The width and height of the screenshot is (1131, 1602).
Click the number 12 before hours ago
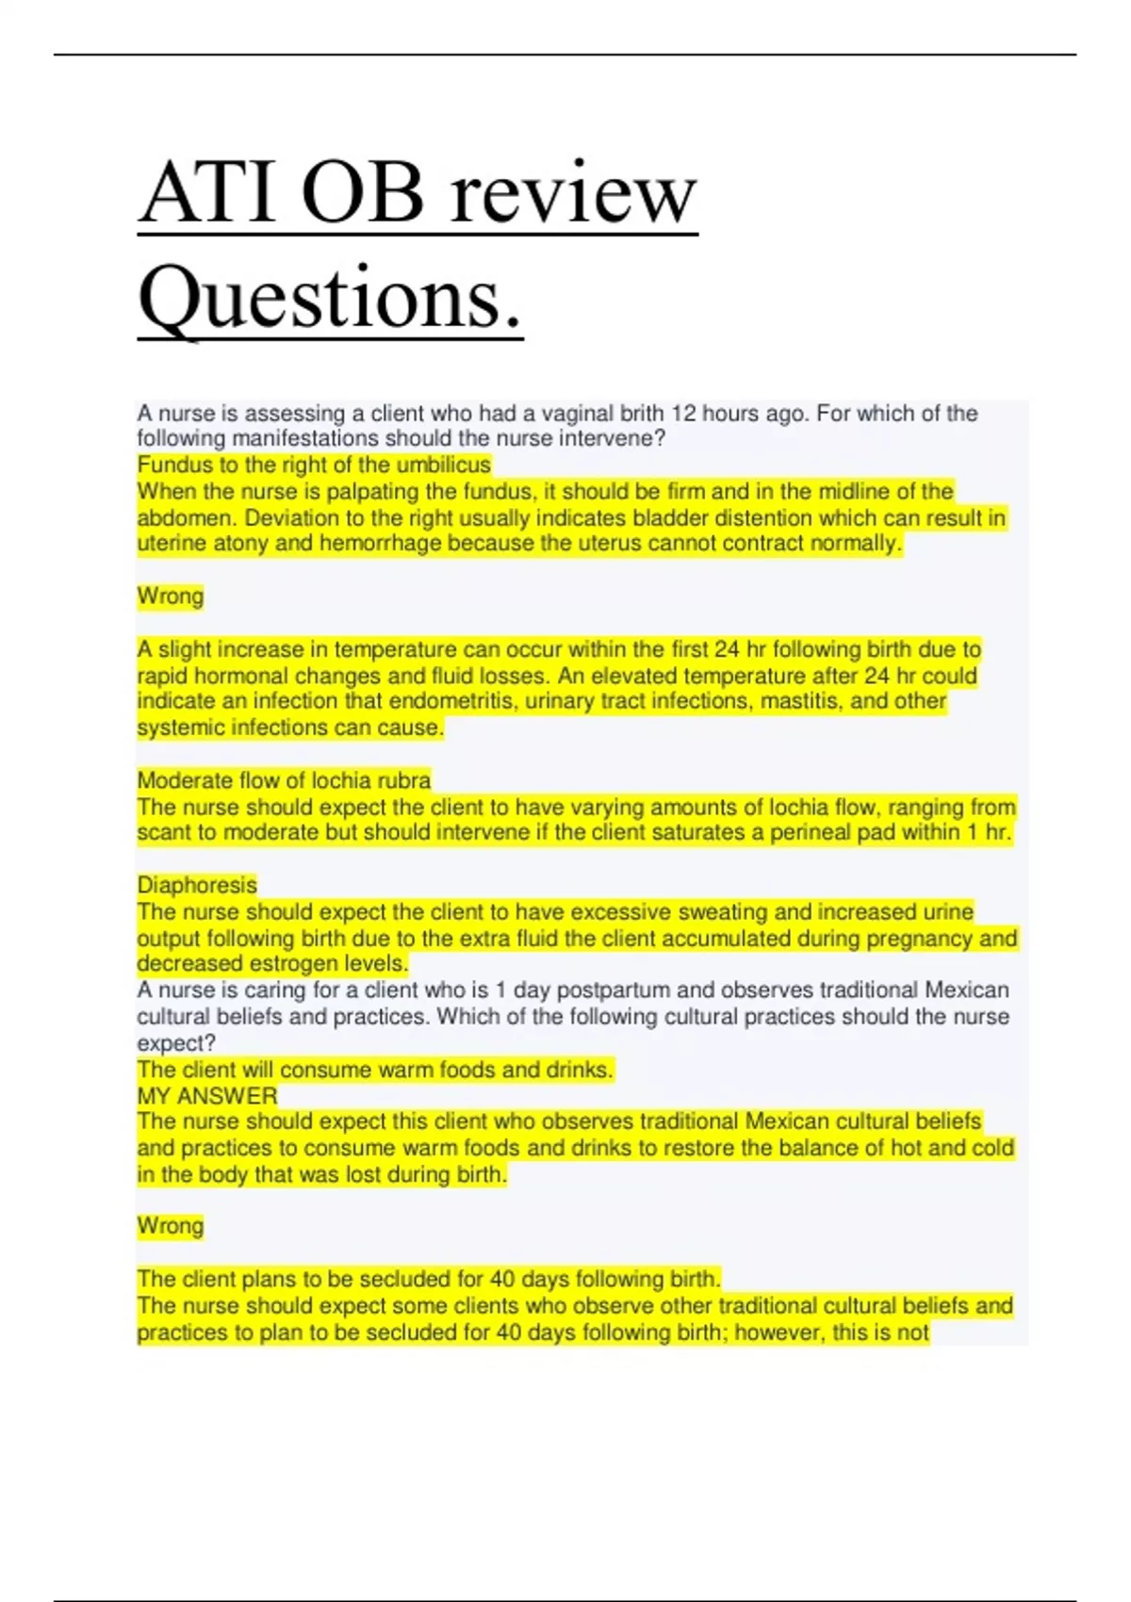click(683, 413)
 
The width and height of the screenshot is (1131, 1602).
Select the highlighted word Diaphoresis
click(197, 885)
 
